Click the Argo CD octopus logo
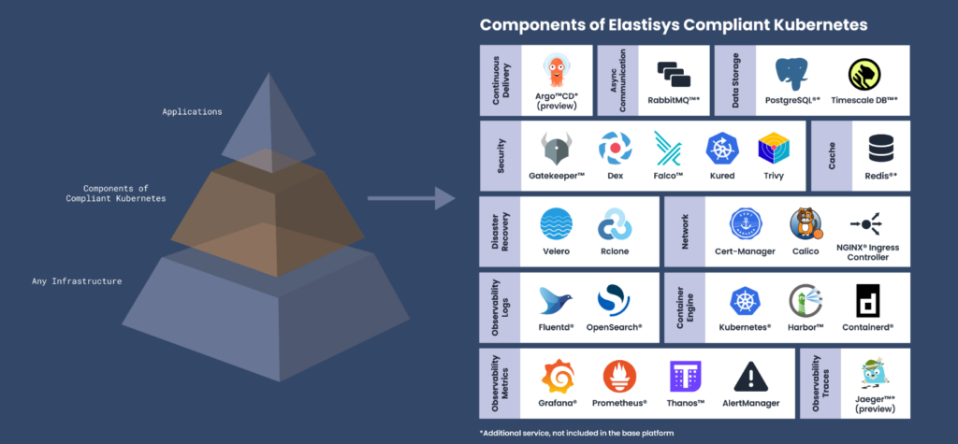pos(559,72)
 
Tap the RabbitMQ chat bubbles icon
pos(674,74)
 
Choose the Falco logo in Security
pos(668,148)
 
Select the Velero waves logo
pos(557,224)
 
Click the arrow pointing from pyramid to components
pos(410,198)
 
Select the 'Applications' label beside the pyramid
pos(192,112)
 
